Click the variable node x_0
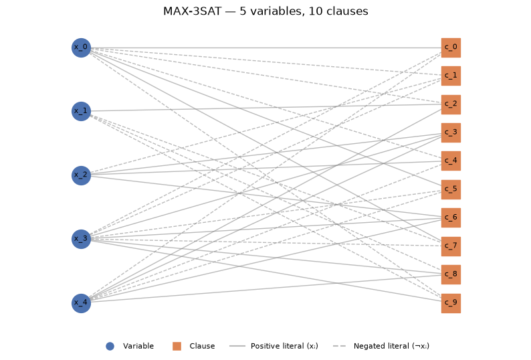82,48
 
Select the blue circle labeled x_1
82,111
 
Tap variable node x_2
82,175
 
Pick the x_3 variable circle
82,239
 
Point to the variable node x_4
82,303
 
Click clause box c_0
451,48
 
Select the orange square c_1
451,76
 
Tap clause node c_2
451,104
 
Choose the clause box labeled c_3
451,133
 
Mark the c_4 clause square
451,161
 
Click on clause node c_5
451,189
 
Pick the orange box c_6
451,217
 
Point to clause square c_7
451,246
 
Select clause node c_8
451,274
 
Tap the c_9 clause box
451,303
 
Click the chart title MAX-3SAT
192,11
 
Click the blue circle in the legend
110,346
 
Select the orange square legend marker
177,346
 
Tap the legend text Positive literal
278,346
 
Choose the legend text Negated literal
381,346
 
